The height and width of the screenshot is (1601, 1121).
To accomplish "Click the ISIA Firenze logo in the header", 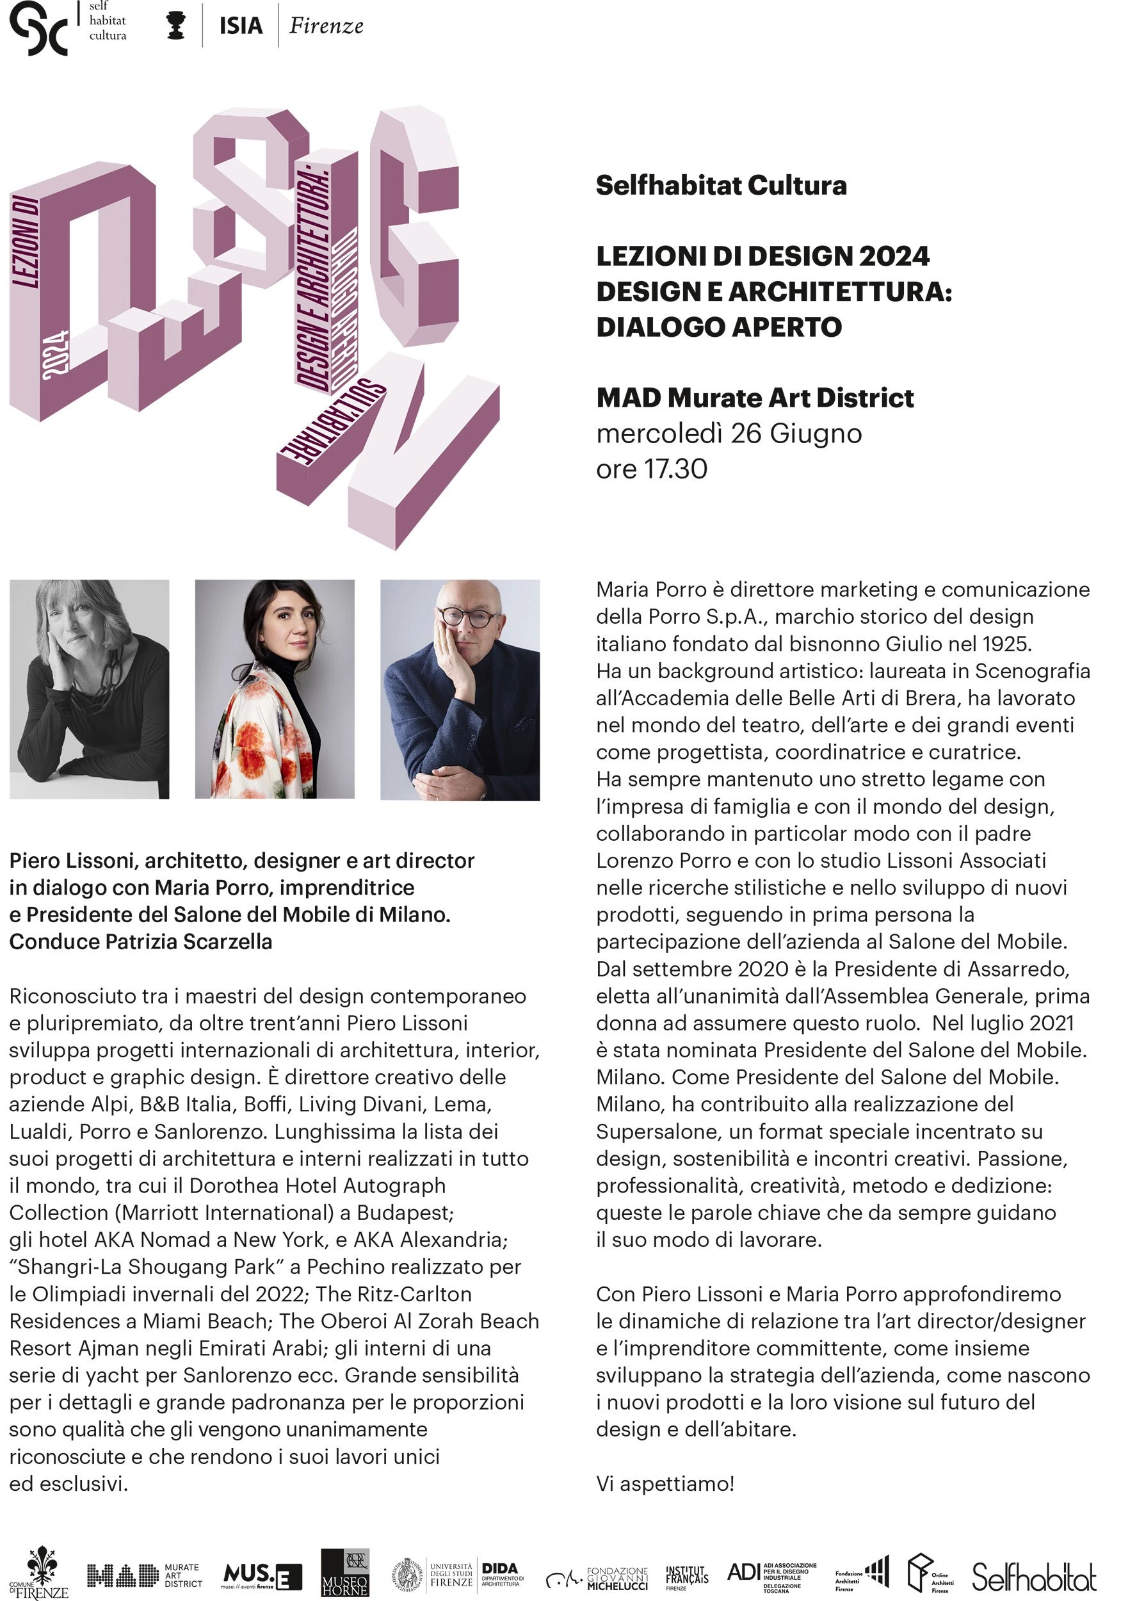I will tap(291, 26).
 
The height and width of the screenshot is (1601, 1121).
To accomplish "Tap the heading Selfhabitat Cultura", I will tap(721, 186).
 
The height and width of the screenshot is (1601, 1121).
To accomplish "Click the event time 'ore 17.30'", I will tap(651, 469).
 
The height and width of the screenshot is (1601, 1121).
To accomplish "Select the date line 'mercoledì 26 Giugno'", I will tap(729, 434).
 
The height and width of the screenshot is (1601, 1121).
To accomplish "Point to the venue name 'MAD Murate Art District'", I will tap(754, 398).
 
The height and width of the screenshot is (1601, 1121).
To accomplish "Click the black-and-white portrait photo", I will tap(89, 689).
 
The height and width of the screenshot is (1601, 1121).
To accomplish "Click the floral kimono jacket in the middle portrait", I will tap(265, 739).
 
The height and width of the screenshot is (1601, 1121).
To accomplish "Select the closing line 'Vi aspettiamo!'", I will tap(665, 1484).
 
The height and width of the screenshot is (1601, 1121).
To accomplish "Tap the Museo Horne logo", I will tap(344, 1572).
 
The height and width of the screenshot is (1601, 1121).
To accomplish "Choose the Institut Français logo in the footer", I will tap(686, 1573).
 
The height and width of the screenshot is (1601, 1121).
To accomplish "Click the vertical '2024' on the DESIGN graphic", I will tap(54, 355).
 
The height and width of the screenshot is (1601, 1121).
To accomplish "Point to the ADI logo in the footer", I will tap(771, 1573).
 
